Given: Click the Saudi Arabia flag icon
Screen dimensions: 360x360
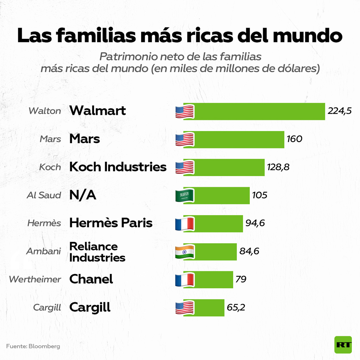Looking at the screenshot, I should (185, 196).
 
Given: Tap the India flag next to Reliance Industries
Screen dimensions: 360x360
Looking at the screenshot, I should (185, 252).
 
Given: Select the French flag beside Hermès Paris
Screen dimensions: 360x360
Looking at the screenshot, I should (185, 224).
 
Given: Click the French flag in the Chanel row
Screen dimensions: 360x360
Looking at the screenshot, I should (185, 280).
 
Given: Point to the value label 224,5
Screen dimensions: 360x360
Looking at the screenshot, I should (339, 111).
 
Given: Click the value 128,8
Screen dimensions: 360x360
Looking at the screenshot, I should (278, 167).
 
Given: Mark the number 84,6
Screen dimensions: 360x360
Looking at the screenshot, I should (249, 251).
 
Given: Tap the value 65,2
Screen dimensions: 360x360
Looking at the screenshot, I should (236, 307).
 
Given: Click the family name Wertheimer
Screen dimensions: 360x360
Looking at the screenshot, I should (35, 279).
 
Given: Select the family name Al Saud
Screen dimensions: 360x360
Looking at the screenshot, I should (44, 195).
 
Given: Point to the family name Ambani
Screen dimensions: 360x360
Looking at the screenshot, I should (44, 251).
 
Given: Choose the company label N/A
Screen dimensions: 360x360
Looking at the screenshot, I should (82, 195).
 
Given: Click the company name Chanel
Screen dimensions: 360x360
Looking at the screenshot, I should (91, 279).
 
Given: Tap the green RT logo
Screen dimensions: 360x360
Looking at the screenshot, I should (343, 345).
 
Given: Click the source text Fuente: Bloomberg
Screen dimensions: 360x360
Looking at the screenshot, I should (33, 346).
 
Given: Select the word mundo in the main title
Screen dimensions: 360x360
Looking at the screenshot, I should (307, 36).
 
